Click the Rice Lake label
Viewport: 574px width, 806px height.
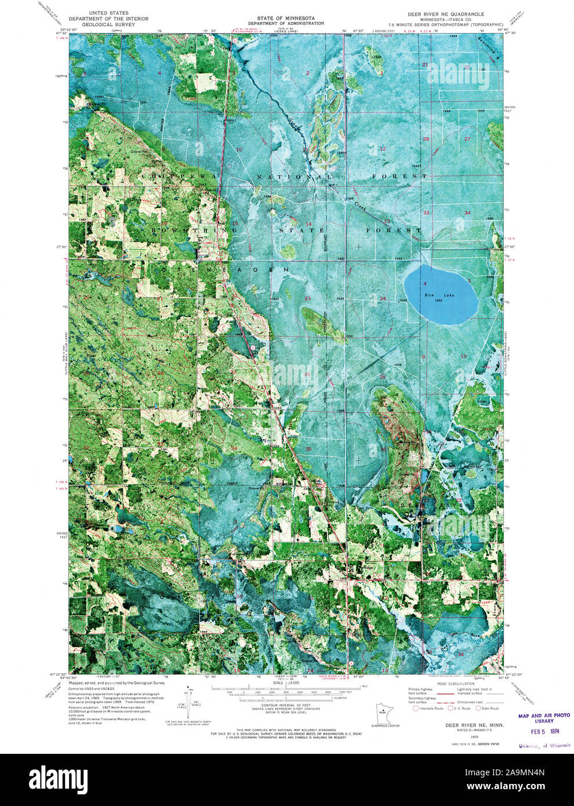(439, 295)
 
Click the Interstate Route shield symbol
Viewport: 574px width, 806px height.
(416, 708)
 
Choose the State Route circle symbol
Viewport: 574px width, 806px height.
(478, 708)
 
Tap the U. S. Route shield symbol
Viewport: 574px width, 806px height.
(447, 708)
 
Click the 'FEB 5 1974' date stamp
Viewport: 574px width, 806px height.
(543, 733)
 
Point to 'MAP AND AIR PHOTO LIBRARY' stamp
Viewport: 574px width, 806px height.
(544, 718)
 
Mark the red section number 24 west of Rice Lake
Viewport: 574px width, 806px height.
(383, 299)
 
